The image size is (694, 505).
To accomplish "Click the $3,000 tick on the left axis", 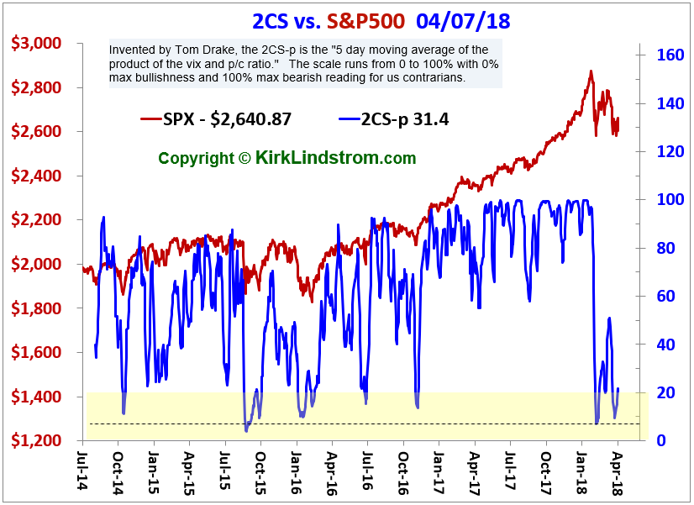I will [x=39, y=44].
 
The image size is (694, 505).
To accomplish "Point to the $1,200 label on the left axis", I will [x=39, y=441].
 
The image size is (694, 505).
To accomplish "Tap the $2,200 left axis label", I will [x=39, y=220].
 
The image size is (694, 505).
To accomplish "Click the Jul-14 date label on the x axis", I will [x=81, y=471].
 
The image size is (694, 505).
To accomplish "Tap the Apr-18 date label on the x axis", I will [x=617, y=471].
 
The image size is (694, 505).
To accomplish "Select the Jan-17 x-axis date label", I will [x=439, y=471].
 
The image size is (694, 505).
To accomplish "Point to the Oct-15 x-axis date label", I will [x=260, y=471].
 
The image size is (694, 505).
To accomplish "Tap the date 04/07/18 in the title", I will [x=467, y=19].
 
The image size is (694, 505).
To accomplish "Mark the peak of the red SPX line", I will [x=591, y=72].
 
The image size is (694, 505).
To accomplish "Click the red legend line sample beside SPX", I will [x=152, y=119].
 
